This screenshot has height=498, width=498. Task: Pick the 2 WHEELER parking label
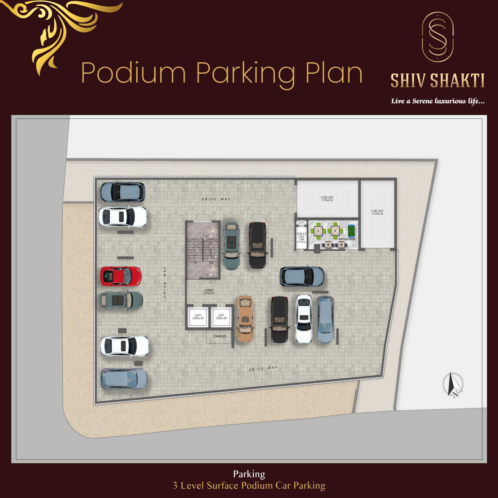point(220,336)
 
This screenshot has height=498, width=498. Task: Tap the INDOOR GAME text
point(347,239)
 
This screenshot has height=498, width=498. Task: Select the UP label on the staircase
point(195,263)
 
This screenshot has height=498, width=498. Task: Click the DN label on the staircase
point(211,263)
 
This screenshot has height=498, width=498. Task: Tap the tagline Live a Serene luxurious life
point(438,101)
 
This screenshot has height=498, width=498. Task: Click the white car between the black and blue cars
point(304,319)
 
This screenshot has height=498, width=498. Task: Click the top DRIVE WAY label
point(216,199)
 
